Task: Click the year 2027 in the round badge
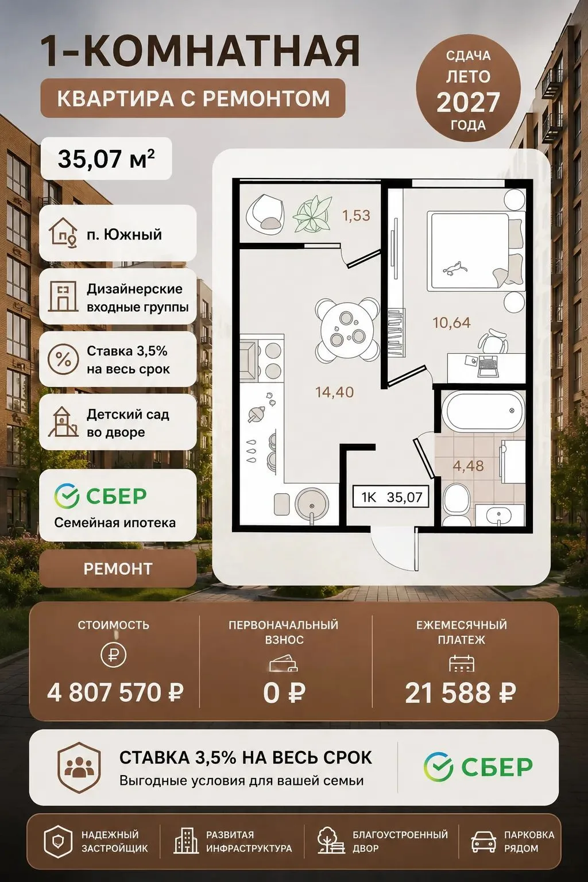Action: pos(468,102)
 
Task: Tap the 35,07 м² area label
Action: pos(106,158)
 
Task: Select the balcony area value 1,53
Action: pos(356,215)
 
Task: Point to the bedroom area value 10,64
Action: pos(451,323)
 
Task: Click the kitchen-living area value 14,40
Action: pos(334,392)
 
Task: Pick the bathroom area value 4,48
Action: pos(468,466)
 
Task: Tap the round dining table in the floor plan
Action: pos(347,328)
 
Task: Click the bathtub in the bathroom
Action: pos(483,411)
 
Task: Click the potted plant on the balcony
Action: pos(312,215)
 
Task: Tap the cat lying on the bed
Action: pos(455,269)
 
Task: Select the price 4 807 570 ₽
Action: pos(115,693)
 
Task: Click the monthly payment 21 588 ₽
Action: pos(461,693)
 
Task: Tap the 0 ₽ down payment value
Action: pos(284,693)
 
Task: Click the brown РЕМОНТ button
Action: pos(118,568)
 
